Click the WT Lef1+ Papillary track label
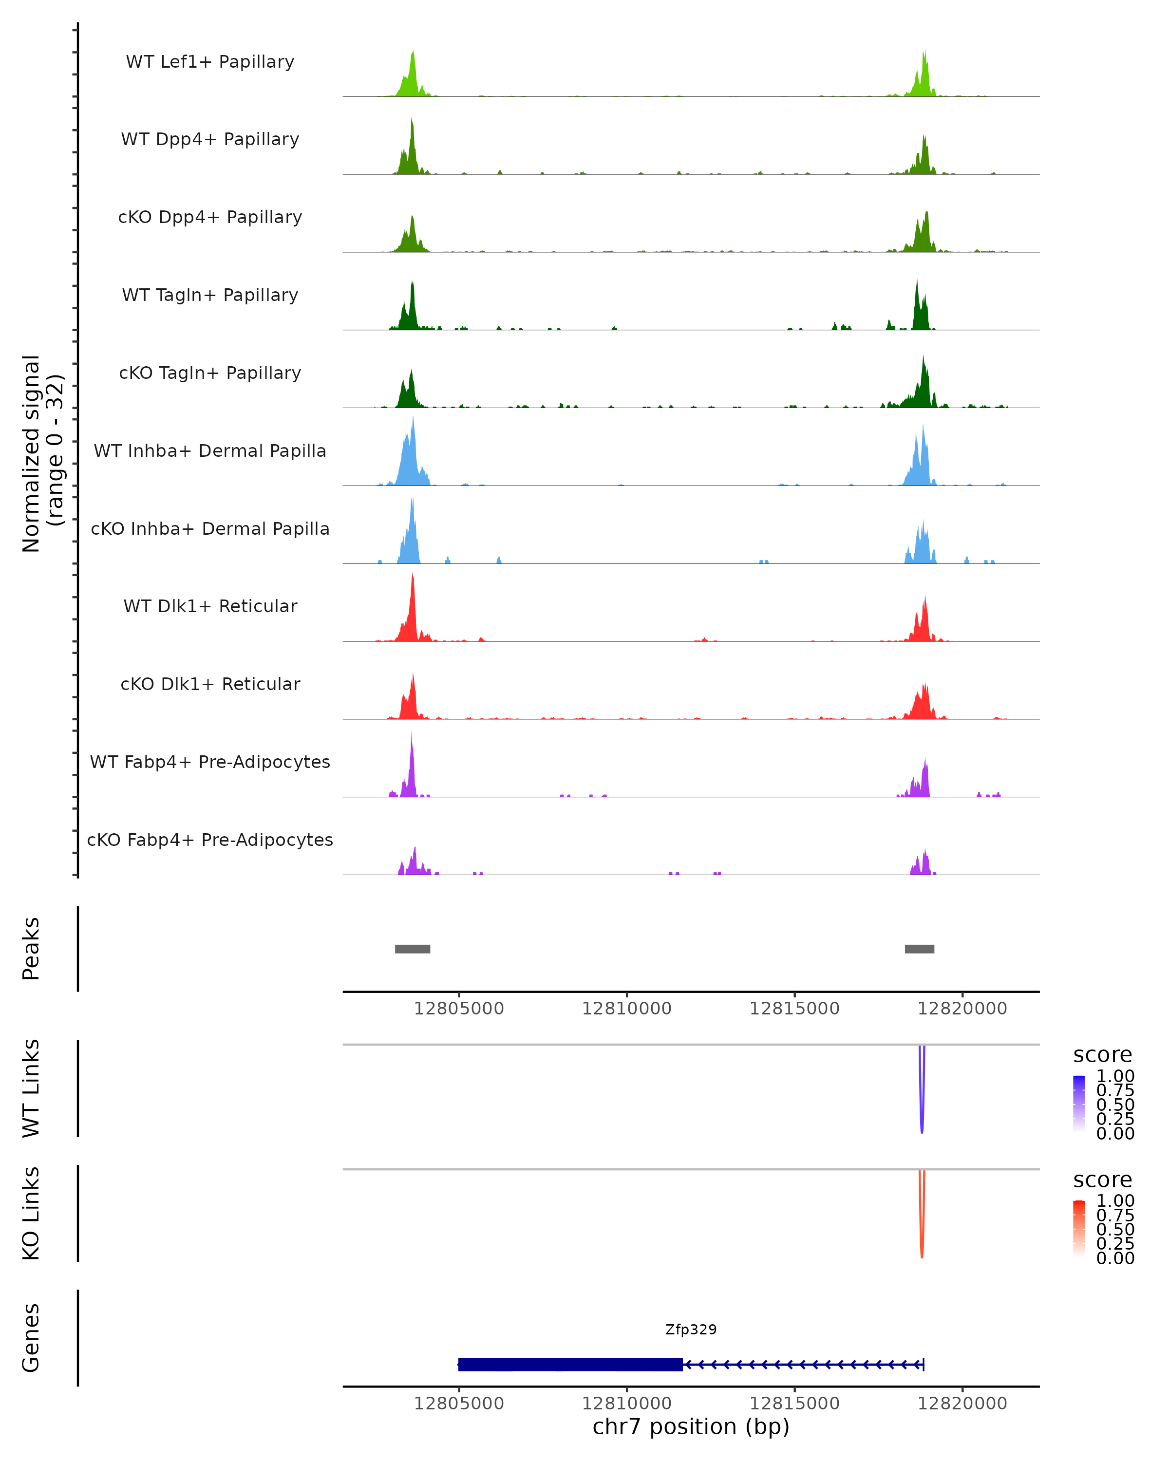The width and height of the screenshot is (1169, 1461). pos(210,62)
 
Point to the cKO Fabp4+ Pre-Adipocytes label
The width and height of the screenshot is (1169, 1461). pos(210,840)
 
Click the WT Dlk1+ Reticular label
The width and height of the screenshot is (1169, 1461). pos(210,606)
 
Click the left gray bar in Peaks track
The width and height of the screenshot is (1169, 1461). pos(412,949)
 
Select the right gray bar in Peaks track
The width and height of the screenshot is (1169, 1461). pos(919,949)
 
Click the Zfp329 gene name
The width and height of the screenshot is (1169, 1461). pos(691,1330)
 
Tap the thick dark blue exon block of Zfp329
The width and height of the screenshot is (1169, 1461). pos(569,1364)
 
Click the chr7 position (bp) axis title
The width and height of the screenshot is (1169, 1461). pos(691,1426)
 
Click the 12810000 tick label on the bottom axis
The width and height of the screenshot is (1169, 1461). pos(626,1404)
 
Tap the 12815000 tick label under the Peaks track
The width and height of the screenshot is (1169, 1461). pos(794,1009)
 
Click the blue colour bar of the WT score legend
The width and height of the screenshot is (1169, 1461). pos(1079,1104)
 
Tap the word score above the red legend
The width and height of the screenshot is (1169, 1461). pos(1103,1180)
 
